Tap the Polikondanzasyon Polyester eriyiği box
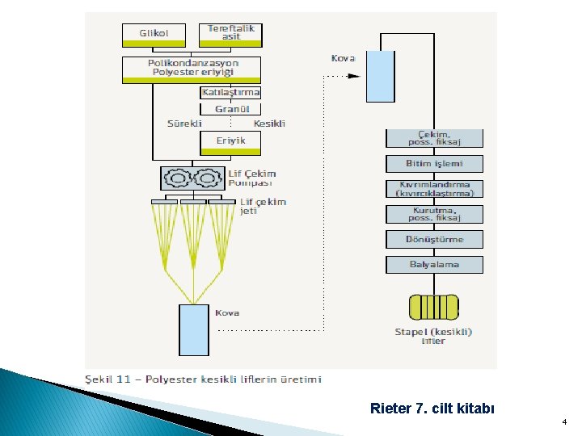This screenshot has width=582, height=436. [192, 69]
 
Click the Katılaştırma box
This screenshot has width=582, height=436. [230, 92]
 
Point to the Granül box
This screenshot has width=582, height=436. [231, 109]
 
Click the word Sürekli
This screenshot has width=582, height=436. [183, 124]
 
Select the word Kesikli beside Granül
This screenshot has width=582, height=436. [269, 124]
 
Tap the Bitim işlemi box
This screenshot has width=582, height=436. [434, 164]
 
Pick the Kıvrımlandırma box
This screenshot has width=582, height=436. [434, 189]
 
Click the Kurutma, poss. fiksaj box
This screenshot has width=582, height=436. [434, 214]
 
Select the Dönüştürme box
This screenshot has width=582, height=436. [434, 239]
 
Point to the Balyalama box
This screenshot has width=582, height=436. [434, 264]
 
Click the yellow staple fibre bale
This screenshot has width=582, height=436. [434, 308]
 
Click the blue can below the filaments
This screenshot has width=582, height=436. [193, 329]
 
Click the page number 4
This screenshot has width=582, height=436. [564, 422]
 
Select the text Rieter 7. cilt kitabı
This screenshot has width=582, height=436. [431, 408]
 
